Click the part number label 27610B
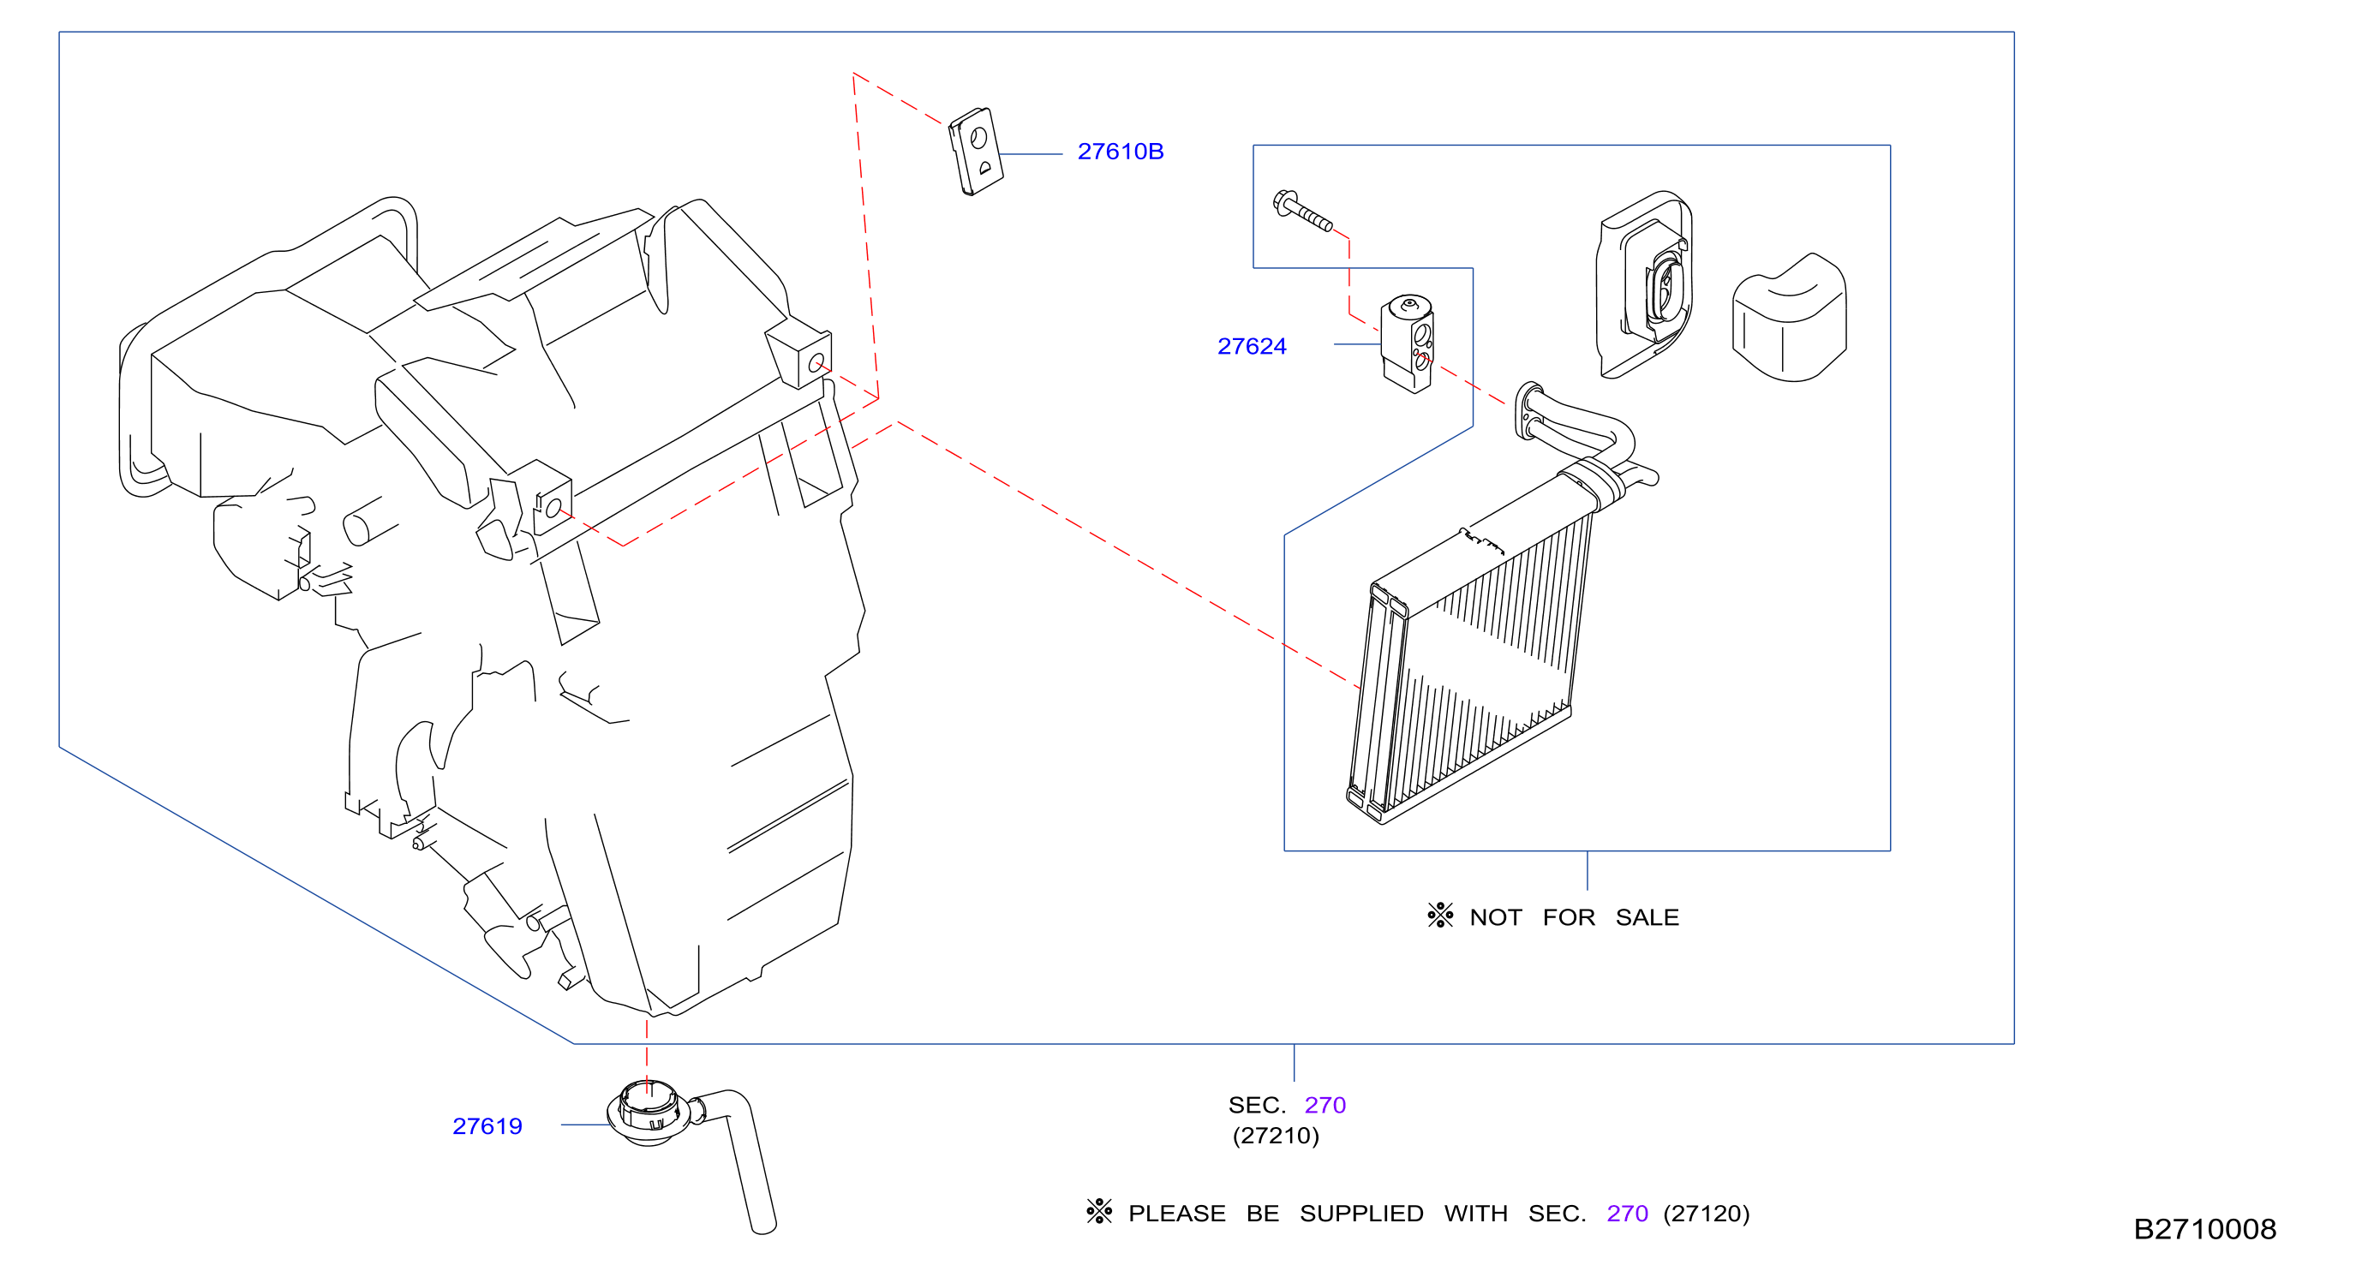1120,152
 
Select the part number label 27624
1251,347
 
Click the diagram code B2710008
2204,1229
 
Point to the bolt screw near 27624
1301,211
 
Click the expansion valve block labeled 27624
1407,343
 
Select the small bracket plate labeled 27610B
975,151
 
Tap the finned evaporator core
1471,662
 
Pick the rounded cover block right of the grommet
1789,318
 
